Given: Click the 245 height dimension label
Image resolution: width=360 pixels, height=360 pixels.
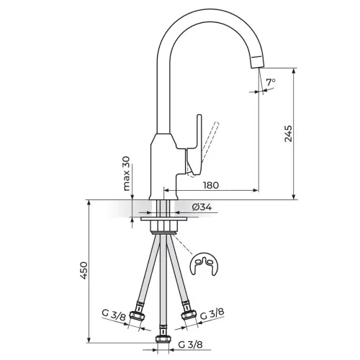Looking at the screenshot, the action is [288, 133].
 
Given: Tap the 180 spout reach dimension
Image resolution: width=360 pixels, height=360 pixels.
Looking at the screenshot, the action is [211, 185].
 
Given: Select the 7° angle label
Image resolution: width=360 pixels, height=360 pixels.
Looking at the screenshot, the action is [271, 82].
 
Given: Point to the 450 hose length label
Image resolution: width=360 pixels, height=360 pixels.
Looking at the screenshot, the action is [84, 270].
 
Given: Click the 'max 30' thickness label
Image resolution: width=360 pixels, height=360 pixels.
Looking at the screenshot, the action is [126, 174].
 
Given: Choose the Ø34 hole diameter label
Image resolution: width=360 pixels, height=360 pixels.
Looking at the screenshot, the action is [202, 207].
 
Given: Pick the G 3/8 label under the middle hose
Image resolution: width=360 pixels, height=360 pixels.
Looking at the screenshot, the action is [190, 345].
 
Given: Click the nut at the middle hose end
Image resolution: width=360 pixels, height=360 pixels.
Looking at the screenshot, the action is [163, 339].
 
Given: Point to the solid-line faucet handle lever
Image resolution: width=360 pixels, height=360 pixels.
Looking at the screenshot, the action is [194, 146].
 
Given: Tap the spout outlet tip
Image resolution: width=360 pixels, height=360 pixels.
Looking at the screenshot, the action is [257, 63].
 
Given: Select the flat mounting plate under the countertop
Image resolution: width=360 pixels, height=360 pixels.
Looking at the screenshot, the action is [163, 219].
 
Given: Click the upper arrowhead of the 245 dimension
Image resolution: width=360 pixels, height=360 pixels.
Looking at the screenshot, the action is [294, 71].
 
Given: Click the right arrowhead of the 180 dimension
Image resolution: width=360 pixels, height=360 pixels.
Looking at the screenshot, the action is [256, 191].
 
